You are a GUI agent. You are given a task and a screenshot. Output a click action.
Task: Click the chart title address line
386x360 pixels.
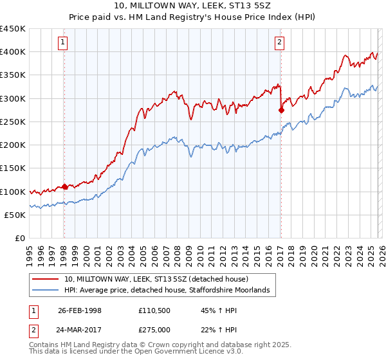point(192,6)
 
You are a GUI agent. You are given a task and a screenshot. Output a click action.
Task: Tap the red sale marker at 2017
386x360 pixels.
point(281,110)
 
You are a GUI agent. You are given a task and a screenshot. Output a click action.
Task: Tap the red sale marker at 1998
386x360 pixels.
point(64,187)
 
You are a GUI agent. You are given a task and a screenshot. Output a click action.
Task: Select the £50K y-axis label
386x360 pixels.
point(15,215)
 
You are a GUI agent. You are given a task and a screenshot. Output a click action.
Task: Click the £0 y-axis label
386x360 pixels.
point(21,239)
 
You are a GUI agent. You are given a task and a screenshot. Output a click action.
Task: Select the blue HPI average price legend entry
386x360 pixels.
point(170,291)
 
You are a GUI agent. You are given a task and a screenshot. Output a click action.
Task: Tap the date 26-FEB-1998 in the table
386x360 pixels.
point(79,310)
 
